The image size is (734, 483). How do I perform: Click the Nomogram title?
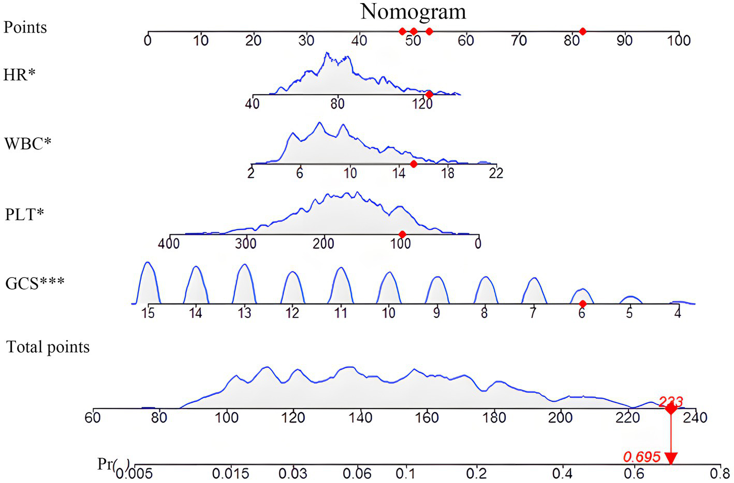[x=413, y=12]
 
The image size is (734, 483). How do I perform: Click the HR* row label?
[x=19, y=75]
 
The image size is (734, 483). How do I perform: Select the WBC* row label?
[x=27, y=143]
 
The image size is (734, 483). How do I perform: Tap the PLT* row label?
[x=24, y=214]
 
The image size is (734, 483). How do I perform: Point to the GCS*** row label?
[x=35, y=283]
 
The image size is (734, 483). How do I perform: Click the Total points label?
[x=48, y=347]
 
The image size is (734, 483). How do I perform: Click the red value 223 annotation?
[x=671, y=401]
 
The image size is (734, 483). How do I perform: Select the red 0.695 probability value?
[x=641, y=457]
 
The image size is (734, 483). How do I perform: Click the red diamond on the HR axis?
[x=429, y=95]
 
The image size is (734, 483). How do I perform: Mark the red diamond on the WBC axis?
[x=413, y=164]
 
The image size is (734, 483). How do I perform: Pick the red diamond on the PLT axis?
[x=402, y=234]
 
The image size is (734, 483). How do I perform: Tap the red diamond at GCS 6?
[x=582, y=304]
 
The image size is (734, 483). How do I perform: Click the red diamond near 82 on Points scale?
[x=582, y=32]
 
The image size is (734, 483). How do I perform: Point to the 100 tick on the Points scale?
[x=679, y=40]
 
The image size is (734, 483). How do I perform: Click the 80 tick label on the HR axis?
[x=337, y=103]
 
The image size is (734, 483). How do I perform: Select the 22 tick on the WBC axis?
[x=496, y=173]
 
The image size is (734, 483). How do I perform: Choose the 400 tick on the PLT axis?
[x=169, y=243]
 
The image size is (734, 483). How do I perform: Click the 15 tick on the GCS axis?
[x=148, y=312]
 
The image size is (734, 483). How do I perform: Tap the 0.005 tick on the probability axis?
[x=135, y=473]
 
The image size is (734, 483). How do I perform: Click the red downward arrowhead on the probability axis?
[x=671, y=458]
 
